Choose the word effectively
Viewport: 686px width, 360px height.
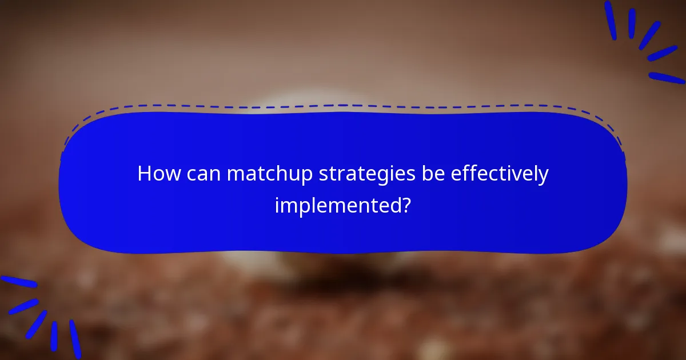(x=500, y=175)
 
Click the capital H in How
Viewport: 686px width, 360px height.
(x=144, y=174)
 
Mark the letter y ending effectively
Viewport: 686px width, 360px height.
(x=543, y=177)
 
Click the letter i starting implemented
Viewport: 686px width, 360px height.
(x=277, y=203)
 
